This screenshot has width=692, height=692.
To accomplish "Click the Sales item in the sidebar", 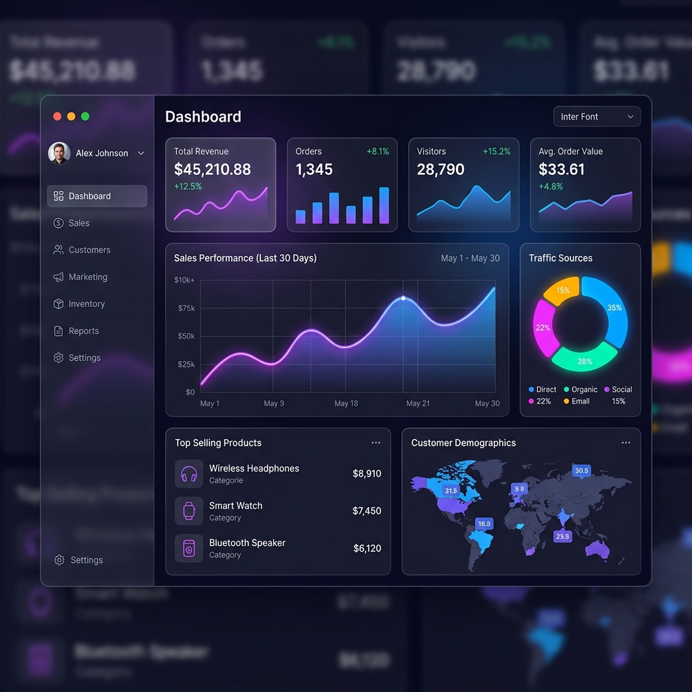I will click(x=78, y=223).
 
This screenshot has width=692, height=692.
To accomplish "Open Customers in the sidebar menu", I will click(x=89, y=250).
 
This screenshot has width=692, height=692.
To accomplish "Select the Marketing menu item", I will click(x=87, y=277).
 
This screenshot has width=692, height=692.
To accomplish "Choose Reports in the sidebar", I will click(x=83, y=331).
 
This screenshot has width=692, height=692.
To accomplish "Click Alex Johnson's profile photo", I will click(x=59, y=153).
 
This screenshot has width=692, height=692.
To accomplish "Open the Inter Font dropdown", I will click(x=597, y=117).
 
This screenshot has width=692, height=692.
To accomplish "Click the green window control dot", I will click(x=85, y=116).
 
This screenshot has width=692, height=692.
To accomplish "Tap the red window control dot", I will click(x=57, y=116).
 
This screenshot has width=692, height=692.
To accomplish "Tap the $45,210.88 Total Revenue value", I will click(x=212, y=170).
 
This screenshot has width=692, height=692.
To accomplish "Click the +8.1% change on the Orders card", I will click(x=378, y=151).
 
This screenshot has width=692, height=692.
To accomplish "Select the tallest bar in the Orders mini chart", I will click(x=384, y=205).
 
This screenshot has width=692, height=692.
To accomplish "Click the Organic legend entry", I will click(x=580, y=389).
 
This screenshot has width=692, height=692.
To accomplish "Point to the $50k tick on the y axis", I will click(x=185, y=336).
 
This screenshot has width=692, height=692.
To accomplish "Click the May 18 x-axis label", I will click(x=346, y=403).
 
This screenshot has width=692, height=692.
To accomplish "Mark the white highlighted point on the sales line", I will click(x=403, y=298).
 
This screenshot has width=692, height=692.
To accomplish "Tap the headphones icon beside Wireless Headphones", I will click(x=189, y=474).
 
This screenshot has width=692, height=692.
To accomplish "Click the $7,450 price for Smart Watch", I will click(x=366, y=511).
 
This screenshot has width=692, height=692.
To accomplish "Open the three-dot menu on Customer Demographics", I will click(x=626, y=443).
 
